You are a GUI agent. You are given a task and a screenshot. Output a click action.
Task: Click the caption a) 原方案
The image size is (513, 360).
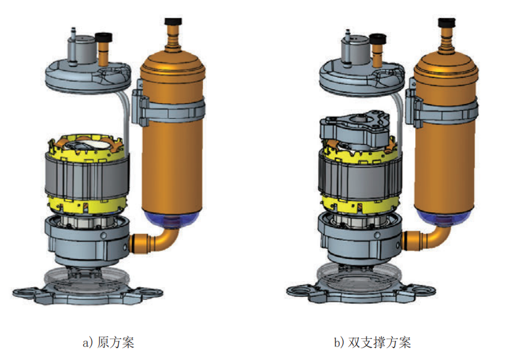pos(108,342)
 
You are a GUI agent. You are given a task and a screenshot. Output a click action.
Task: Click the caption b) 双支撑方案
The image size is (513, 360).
pos(373,342)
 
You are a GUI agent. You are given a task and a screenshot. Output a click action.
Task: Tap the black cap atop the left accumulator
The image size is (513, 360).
pos(173,22)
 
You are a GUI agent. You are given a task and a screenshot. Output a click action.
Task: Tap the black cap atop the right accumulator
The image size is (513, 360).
pos(447,22)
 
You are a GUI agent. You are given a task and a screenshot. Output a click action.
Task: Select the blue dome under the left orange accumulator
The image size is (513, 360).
pos(172,218)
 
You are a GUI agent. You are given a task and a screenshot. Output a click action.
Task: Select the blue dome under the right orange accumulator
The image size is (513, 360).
pos(445,216)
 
